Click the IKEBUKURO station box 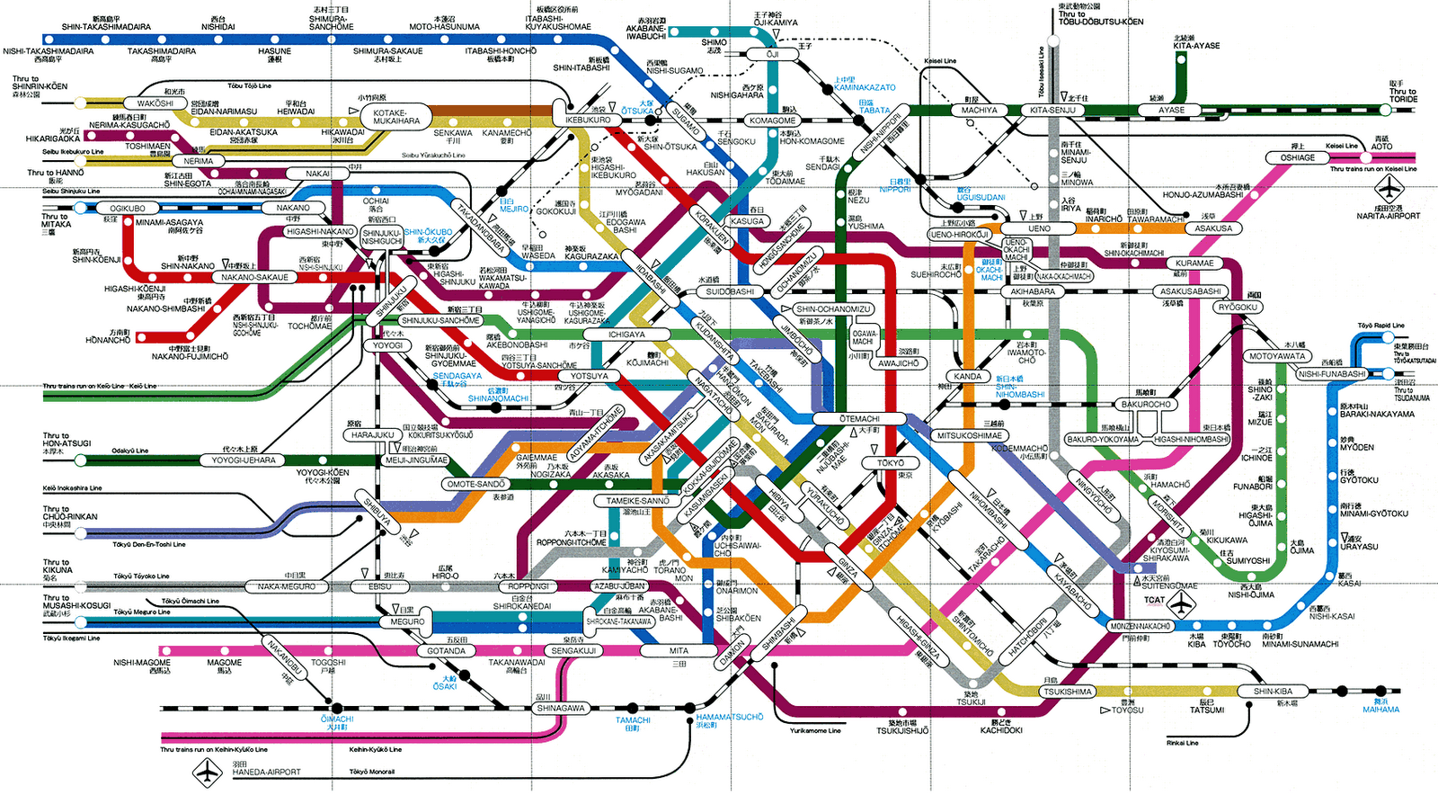[588, 120]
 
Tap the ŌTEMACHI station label [859, 419]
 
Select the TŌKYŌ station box [890, 463]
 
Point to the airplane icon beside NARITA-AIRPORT [1389, 189]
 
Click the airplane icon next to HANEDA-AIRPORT [208, 771]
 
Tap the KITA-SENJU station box [1052, 111]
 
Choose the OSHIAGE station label [1297, 157]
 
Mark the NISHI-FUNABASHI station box [1332, 374]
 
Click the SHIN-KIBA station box [1274, 692]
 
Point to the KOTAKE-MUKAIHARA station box [396, 117]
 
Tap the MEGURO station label [407, 621]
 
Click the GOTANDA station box [446, 651]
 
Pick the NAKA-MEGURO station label [287, 586]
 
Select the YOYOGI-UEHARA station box [244, 460]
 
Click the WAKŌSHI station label [155, 103]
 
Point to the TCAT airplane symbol [1182, 601]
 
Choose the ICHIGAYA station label [626, 335]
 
